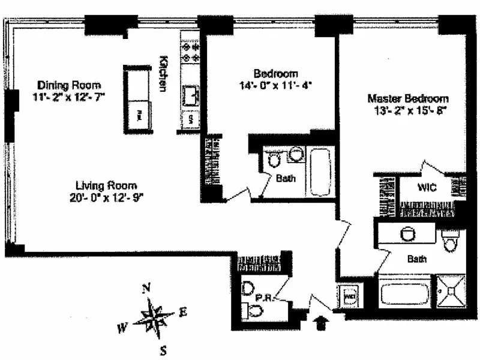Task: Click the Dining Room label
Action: click(69, 85)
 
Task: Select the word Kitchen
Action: click(163, 74)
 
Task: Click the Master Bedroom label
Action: click(408, 98)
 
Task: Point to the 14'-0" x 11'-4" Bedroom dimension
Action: click(275, 85)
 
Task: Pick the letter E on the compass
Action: click(184, 312)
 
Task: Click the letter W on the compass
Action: click(122, 328)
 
